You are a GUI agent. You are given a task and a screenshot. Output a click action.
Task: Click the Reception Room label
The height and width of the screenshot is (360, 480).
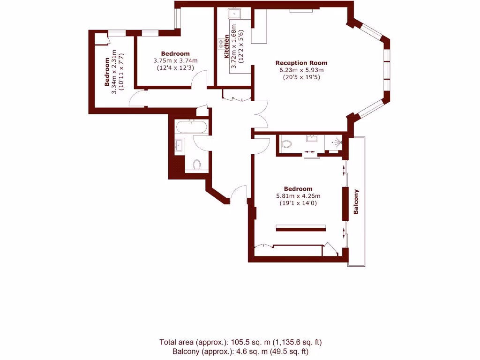[301, 63]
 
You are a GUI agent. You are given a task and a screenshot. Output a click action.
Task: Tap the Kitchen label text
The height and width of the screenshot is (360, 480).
[227, 46]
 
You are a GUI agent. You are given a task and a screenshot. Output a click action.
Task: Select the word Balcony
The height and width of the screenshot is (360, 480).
[356, 202]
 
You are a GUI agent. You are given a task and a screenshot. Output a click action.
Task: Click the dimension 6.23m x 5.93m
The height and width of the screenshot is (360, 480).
[301, 70]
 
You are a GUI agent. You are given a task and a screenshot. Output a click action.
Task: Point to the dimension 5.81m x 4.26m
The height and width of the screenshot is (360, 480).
[298, 196]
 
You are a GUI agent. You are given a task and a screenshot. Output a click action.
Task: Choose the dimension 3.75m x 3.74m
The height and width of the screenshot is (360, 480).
[175, 60]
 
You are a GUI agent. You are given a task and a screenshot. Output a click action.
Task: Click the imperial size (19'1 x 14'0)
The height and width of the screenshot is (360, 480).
[298, 203]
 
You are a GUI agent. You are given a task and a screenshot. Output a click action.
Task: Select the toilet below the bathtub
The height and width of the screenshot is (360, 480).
[197, 165]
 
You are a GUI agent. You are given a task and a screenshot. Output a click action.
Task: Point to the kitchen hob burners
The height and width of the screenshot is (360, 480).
[220, 44]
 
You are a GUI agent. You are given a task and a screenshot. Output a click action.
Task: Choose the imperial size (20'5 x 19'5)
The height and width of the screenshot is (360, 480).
[301, 77]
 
